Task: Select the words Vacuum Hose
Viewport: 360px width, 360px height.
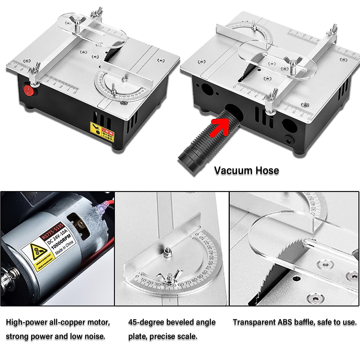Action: coord(247,170)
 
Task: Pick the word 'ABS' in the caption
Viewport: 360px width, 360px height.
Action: coord(285,322)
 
